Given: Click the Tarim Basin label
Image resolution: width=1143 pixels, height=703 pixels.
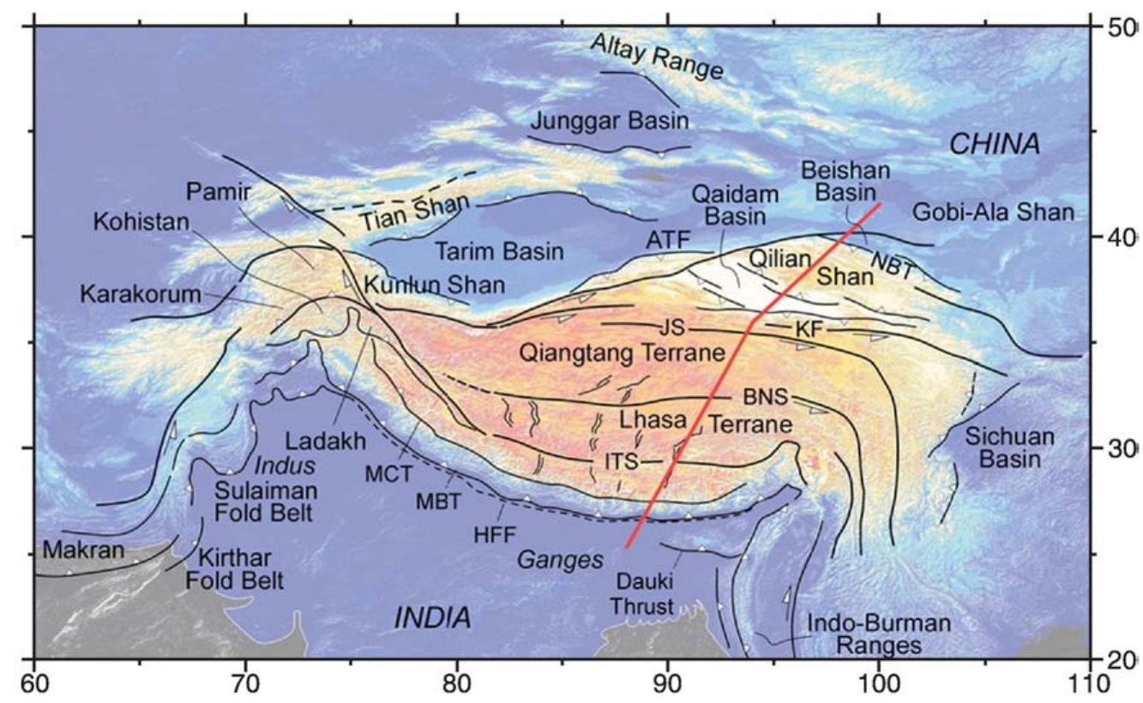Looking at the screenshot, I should [499, 252].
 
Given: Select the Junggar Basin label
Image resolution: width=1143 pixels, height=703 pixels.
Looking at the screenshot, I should [610, 120].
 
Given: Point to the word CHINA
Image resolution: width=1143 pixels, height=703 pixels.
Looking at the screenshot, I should [995, 144].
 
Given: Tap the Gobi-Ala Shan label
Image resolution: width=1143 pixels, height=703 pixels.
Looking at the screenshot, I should [992, 212].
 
